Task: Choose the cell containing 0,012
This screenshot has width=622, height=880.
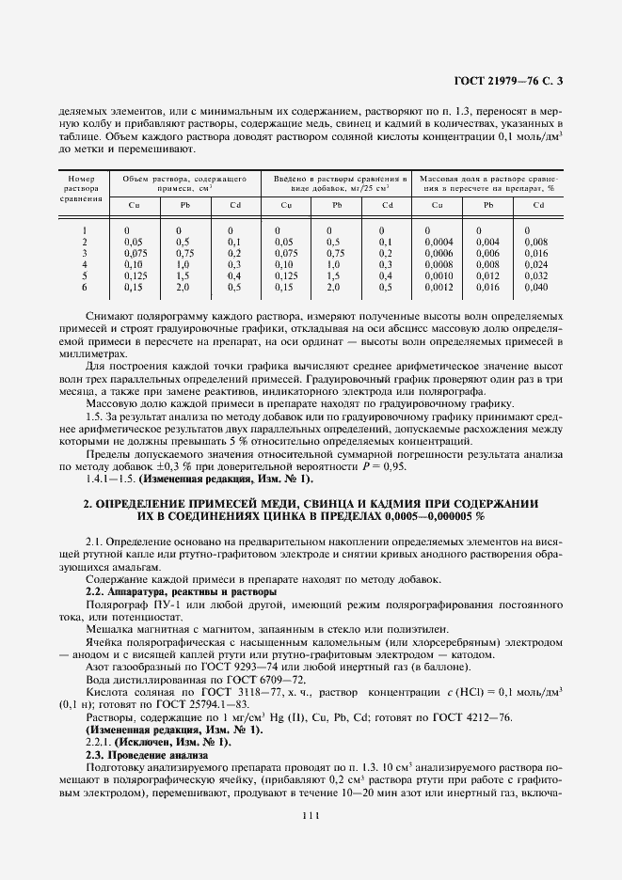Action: coord(487,275)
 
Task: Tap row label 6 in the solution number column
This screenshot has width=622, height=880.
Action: coord(84,287)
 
